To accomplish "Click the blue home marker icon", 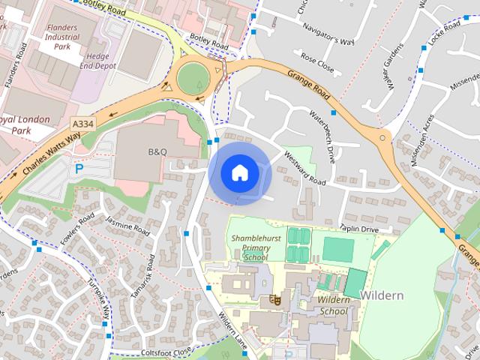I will point(238,172).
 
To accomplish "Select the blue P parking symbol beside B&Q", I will point(79,169).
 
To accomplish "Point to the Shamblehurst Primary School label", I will point(250,247).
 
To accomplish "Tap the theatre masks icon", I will point(275,300).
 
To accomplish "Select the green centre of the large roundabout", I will point(193,76).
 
